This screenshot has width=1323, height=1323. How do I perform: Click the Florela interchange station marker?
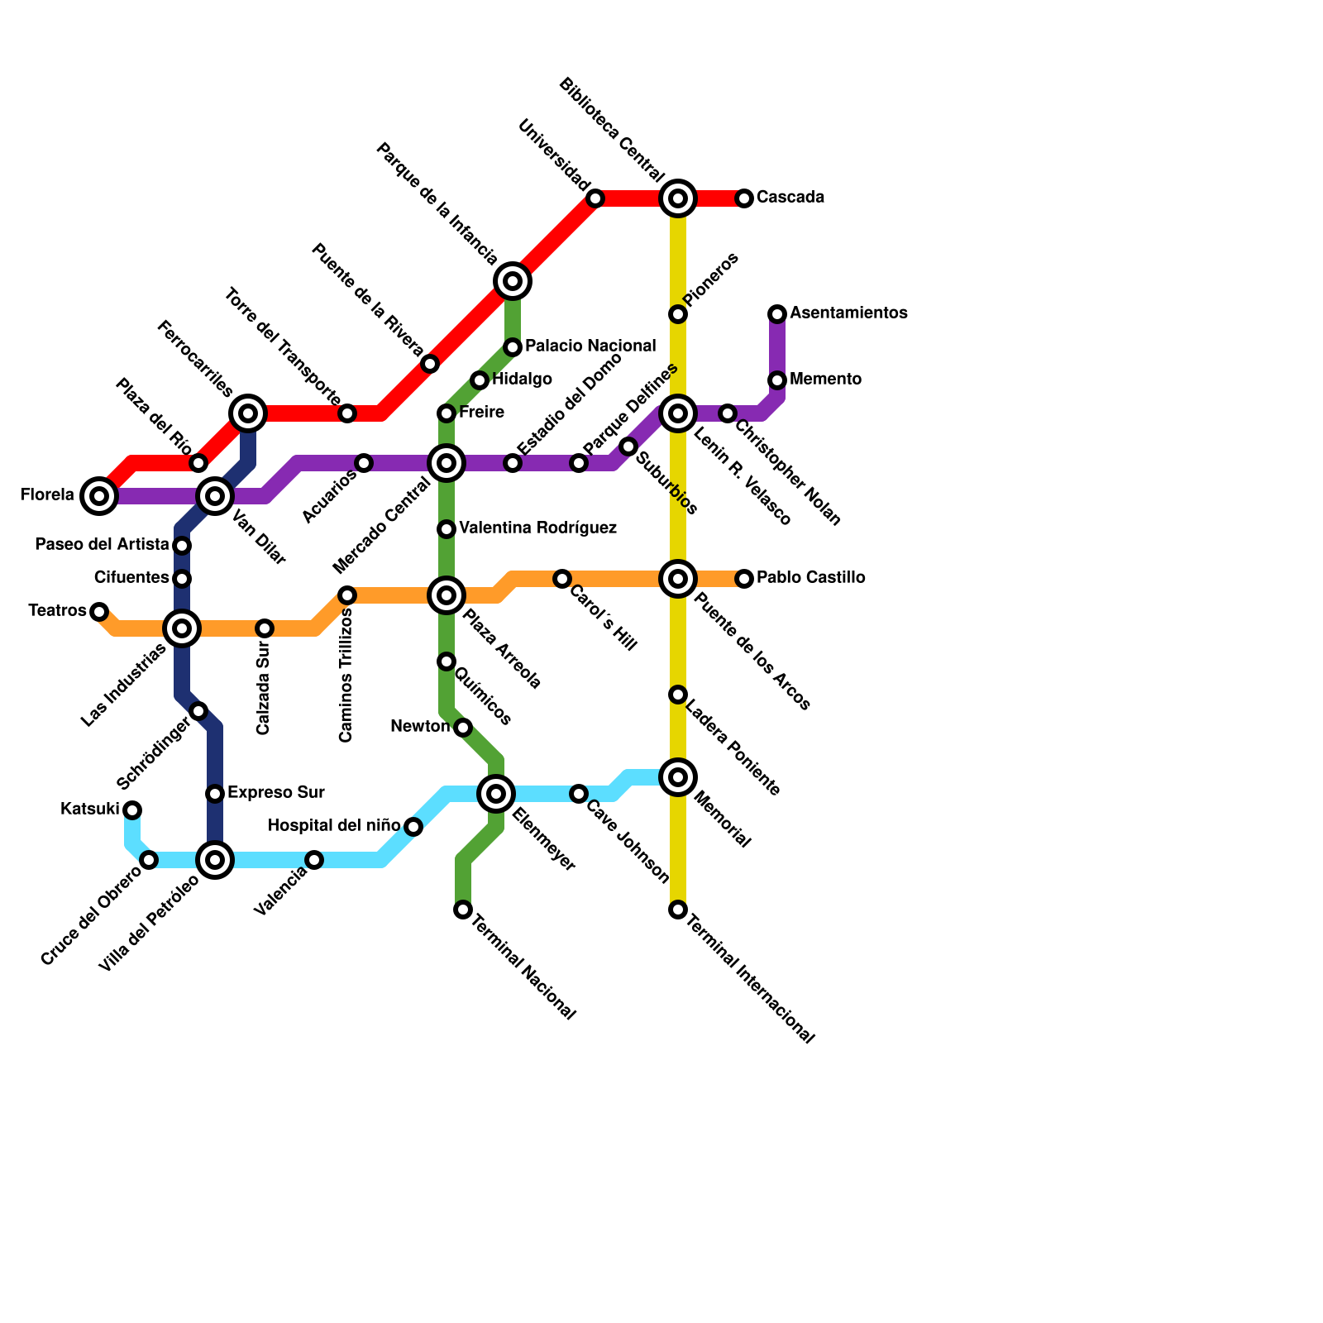(x=99, y=496)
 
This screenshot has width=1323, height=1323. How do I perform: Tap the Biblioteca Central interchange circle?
(x=678, y=198)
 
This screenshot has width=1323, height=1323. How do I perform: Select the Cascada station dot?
(x=744, y=198)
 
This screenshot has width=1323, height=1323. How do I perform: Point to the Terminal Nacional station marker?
(x=463, y=910)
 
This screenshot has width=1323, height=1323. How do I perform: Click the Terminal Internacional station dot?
(x=678, y=910)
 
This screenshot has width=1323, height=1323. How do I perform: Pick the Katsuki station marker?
(x=132, y=810)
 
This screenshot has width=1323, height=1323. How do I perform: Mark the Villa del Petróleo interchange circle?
(x=215, y=860)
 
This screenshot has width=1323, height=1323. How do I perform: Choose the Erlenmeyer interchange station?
(x=496, y=794)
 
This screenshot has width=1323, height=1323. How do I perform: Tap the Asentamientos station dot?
(x=777, y=314)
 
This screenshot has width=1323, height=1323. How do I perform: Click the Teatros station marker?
(x=99, y=612)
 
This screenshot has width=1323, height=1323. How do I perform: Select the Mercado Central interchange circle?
(x=447, y=463)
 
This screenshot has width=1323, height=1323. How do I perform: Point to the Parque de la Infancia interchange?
(x=513, y=281)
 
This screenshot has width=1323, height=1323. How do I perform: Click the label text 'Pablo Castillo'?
(x=810, y=577)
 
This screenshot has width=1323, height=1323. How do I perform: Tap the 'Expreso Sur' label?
(x=275, y=792)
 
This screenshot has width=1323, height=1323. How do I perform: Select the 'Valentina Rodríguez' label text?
(x=537, y=528)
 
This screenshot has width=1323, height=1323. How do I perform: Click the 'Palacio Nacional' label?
(x=590, y=346)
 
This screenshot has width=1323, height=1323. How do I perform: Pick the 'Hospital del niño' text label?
(x=334, y=825)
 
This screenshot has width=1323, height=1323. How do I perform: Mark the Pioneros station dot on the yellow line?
(x=678, y=314)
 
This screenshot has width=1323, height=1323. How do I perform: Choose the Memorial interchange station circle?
(x=678, y=777)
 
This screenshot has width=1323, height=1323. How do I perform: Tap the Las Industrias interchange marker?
(x=182, y=628)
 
